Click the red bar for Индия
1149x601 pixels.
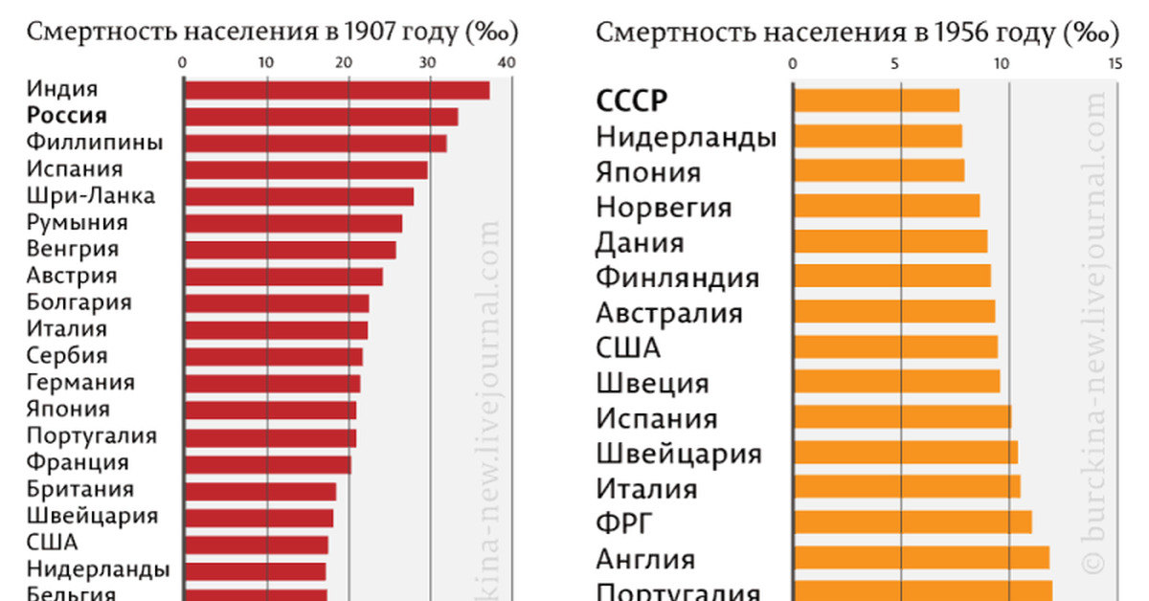pyautogui.click(x=336, y=91)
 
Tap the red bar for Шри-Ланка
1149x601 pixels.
pyautogui.click(x=298, y=196)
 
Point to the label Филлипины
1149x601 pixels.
pyautogui.click(x=94, y=143)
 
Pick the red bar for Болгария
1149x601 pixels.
pyautogui.click(x=276, y=303)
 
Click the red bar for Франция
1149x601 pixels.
pyautogui.click(x=267, y=464)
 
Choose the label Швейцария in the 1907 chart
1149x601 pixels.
pyautogui.click(x=91, y=516)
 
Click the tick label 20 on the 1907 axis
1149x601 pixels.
pyautogui.click(x=348, y=63)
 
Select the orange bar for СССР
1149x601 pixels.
pyautogui.click(x=876, y=100)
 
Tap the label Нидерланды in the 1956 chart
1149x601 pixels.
pyautogui.click(x=686, y=137)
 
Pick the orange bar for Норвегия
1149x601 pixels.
pyautogui.click(x=887, y=206)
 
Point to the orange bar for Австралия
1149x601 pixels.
pyautogui.click(x=894, y=312)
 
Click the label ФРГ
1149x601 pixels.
pyautogui.click(x=623, y=523)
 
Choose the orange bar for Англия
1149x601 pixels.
pyautogui.click(x=921, y=558)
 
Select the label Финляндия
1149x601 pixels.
pyautogui.click(x=677, y=278)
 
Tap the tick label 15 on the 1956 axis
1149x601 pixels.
pyautogui.click(x=1115, y=63)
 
